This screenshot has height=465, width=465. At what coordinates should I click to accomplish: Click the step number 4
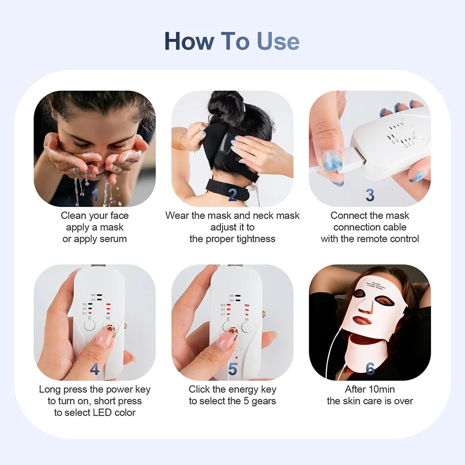(x=95, y=369)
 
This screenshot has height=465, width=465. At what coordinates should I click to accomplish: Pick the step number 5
(x=232, y=369)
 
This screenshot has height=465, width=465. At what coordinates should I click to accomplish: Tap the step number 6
(x=370, y=369)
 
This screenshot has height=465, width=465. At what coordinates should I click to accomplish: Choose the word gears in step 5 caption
(x=264, y=401)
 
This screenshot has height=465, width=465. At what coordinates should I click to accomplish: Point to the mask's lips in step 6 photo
(x=362, y=320)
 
